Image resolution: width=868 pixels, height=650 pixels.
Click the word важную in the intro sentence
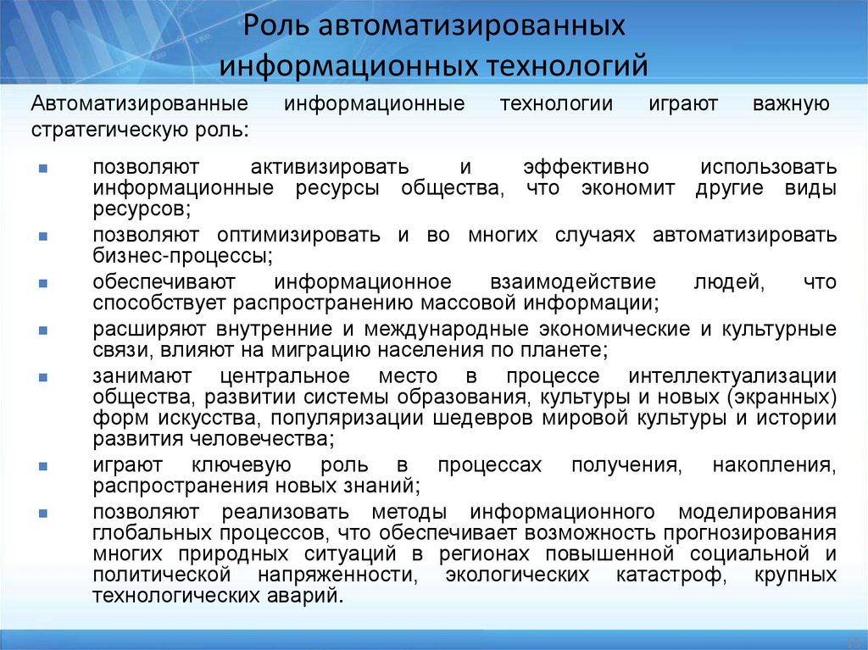click(x=790, y=104)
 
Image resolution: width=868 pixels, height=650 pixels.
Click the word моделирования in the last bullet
click(x=758, y=511)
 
